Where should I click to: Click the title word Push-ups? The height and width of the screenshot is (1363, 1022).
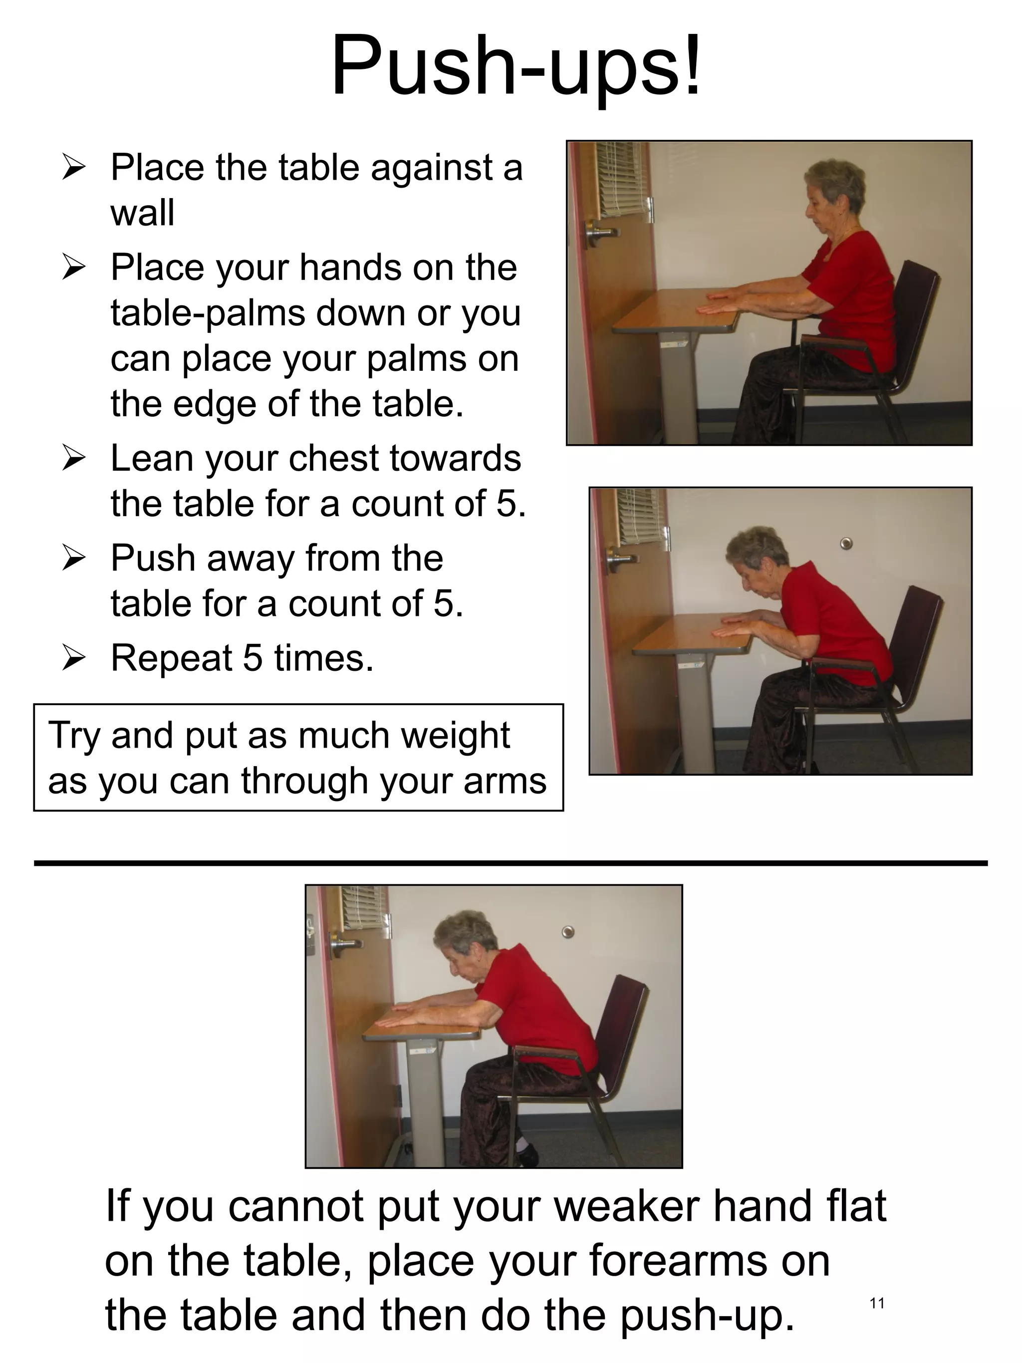[516, 66]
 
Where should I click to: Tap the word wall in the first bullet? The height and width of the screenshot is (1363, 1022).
[142, 213]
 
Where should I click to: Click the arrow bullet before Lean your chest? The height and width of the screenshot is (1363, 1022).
[73, 459]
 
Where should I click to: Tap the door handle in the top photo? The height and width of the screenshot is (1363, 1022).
[601, 233]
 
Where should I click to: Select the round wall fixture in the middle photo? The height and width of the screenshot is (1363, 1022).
[846, 543]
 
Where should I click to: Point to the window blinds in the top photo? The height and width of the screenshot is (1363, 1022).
[623, 179]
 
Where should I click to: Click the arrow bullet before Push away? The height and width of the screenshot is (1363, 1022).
[73, 558]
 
